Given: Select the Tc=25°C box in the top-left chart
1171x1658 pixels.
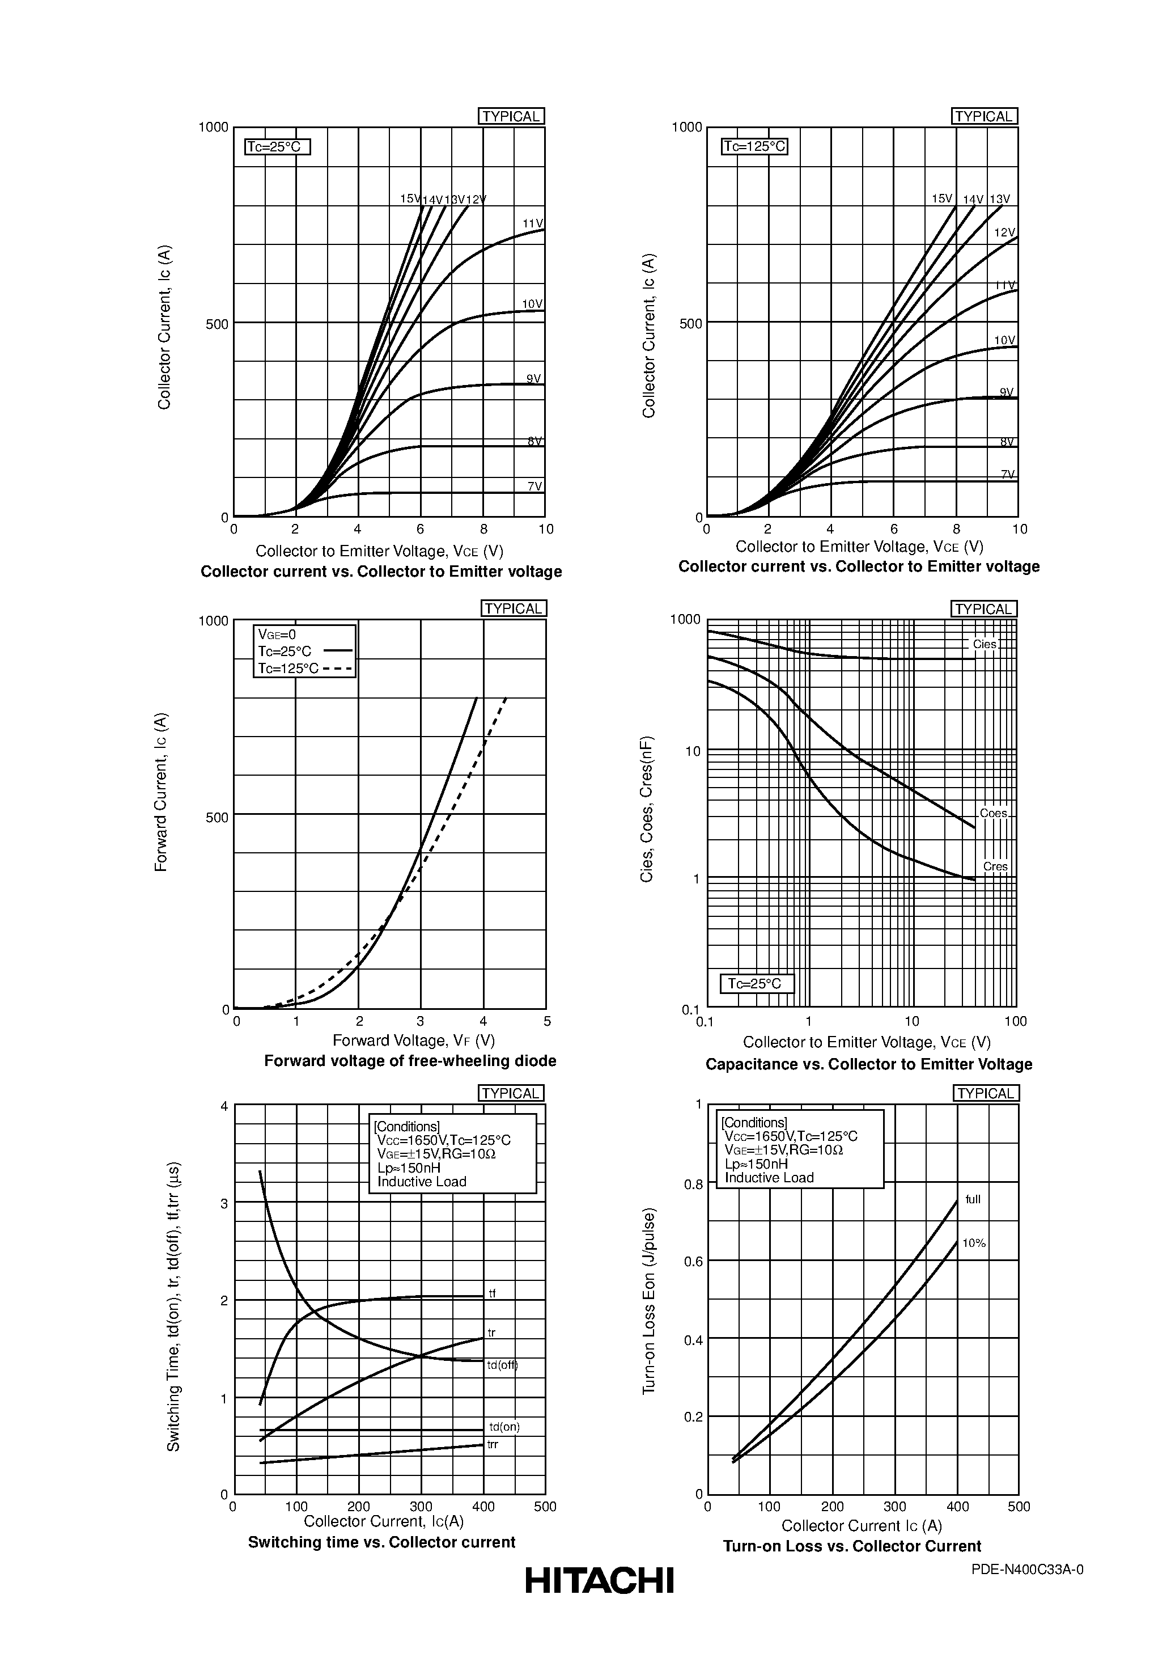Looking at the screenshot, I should [x=277, y=147].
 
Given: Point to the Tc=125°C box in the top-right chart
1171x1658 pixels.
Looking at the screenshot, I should [x=754, y=147].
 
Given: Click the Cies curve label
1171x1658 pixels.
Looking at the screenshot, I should [x=984, y=644].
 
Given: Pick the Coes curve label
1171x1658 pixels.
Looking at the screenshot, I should [x=994, y=813].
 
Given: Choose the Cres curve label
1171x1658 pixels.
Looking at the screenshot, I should [x=995, y=866].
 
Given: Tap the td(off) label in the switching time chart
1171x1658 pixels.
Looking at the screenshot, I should [x=503, y=1365].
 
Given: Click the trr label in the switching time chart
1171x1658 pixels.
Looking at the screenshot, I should [x=493, y=1444].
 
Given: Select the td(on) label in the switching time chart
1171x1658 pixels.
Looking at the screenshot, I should [x=504, y=1427].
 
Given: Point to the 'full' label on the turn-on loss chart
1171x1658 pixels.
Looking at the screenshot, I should [x=973, y=1199].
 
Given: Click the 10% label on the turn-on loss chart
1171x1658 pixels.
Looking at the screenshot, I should [x=974, y=1243].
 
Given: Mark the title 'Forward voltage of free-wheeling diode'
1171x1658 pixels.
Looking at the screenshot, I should [x=410, y=1061].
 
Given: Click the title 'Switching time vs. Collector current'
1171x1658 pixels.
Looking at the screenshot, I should [x=381, y=1542].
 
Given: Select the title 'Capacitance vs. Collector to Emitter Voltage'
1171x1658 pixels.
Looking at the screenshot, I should [x=868, y=1064].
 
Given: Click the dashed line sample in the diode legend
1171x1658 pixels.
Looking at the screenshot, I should [x=338, y=669].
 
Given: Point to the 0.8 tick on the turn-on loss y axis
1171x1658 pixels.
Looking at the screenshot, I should [x=693, y=1185].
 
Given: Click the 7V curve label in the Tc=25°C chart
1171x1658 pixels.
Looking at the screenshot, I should [x=534, y=486].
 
